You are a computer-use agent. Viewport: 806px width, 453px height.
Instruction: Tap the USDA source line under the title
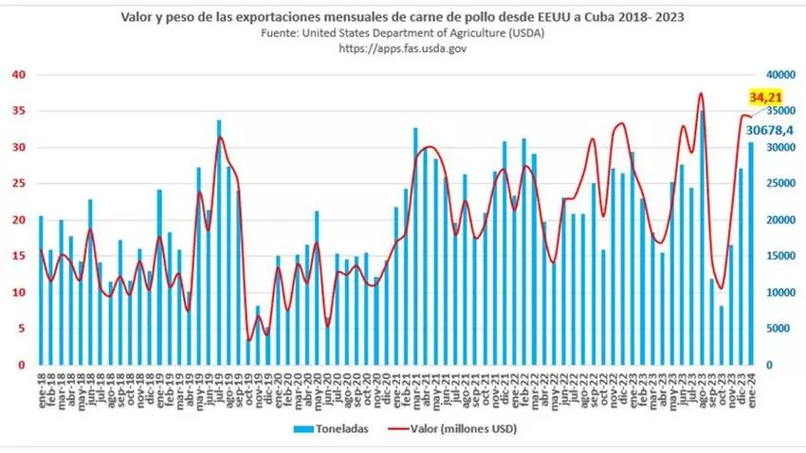click(402, 32)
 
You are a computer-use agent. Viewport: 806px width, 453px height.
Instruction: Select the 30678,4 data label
click(769, 130)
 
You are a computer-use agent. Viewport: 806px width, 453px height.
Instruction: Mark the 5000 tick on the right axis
click(783, 329)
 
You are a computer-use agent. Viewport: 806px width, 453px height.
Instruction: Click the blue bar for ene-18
click(41, 290)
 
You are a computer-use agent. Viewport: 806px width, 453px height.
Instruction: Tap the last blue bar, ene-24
click(751, 253)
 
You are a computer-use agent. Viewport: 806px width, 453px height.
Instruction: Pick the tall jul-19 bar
click(219, 243)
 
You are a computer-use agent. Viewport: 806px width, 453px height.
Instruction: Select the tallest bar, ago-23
click(702, 237)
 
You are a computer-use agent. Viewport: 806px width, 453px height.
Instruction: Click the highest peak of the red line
click(701, 94)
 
